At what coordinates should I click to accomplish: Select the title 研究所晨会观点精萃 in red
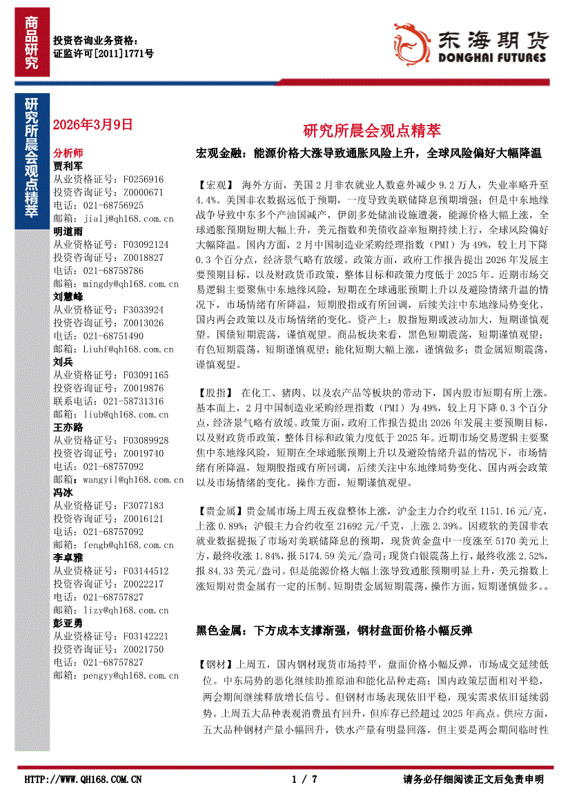pyautogui.click(x=371, y=130)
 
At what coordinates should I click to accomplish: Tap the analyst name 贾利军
pyautogui.click(x=68, y=166)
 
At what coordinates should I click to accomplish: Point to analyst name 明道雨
pyautogui.click(x=68, y=231)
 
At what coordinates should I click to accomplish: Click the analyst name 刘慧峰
pyautogui.click(x=68, y=296)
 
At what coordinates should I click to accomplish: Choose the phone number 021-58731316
pyautogui.click(x=134, y=400)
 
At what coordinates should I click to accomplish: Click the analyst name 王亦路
pyautogui.click(x=68, y=427)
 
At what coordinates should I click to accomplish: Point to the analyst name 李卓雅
pyautogui.click(x=68, y=557)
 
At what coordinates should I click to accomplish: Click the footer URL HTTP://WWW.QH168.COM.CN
pyautogui.click(x=83, y=779)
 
